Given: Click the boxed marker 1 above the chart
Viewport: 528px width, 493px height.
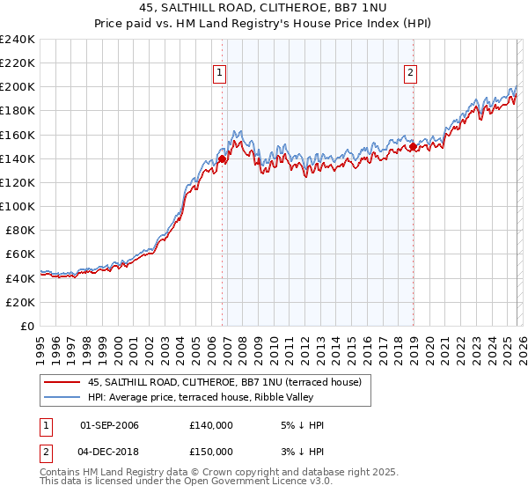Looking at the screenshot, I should tap(220, 74).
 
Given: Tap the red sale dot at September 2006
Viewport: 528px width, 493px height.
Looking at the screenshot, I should tap(222, 159).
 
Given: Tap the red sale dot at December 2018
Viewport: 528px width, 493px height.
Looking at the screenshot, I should tap(413, 147).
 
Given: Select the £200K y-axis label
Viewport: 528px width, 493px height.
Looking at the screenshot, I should tap(17, 87).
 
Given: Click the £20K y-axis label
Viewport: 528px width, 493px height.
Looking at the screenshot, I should tap(20, 302).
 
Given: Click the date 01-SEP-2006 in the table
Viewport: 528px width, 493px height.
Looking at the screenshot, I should tap(109, 425).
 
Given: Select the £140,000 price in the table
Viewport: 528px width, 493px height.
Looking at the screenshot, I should tap(210, 425).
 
